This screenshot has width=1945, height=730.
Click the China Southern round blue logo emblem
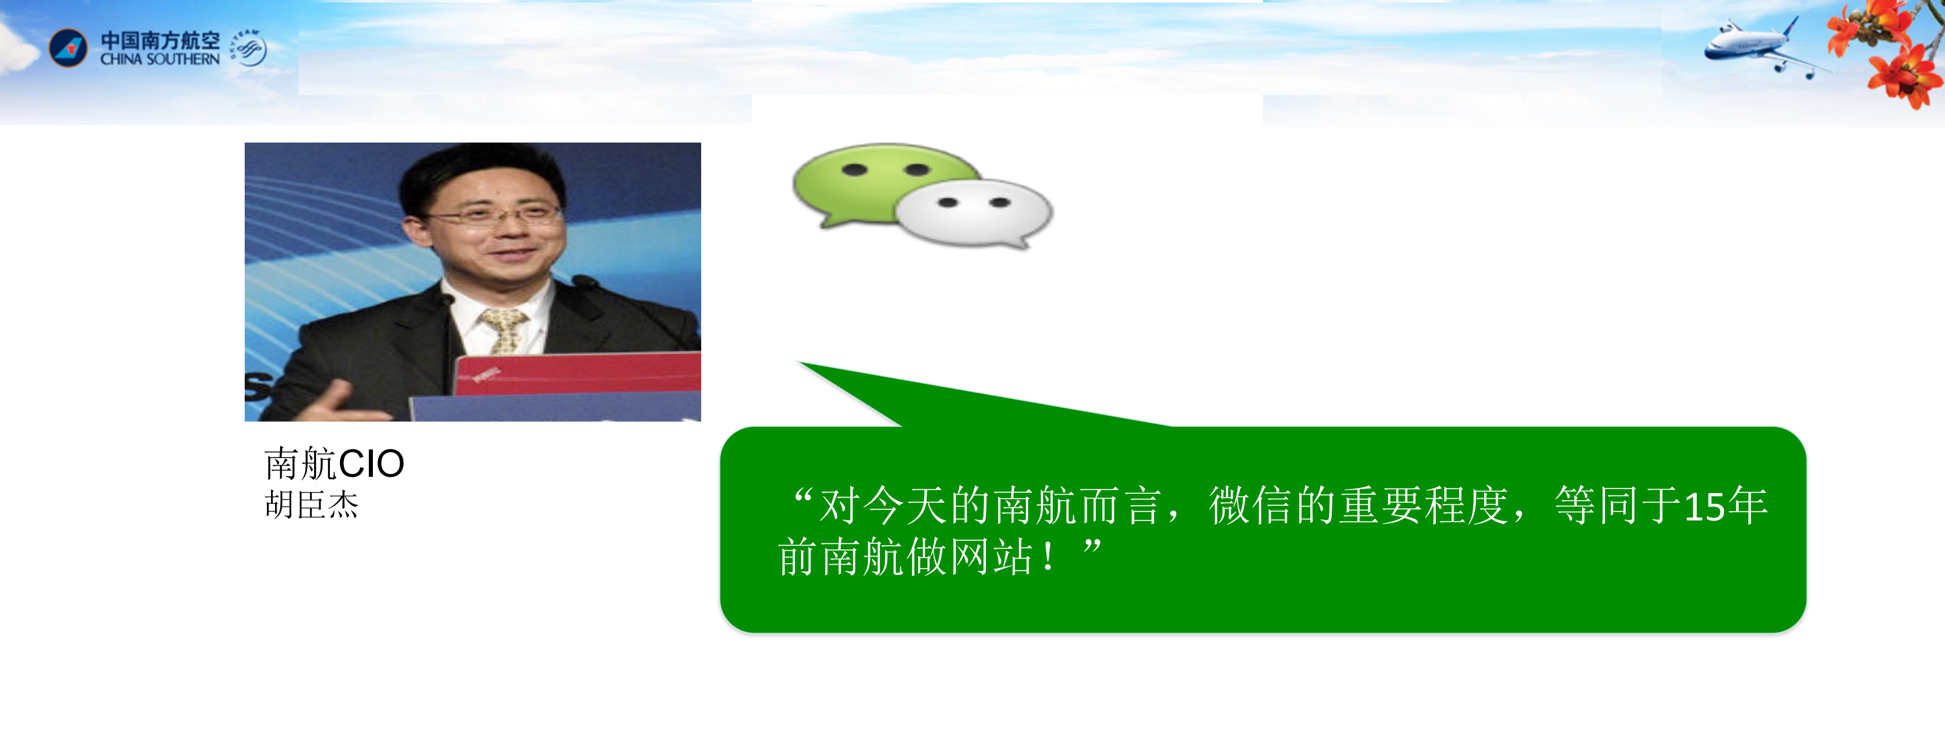coord(68,48)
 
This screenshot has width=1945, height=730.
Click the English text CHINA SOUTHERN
coord(160,59)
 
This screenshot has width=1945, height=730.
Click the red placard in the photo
coord(578,372)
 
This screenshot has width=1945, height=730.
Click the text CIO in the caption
coord(371,464)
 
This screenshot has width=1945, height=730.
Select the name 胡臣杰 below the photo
coord(312,505)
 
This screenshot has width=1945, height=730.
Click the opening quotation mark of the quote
coord(803,499)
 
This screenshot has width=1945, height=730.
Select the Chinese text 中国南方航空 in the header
coord(160,40)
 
